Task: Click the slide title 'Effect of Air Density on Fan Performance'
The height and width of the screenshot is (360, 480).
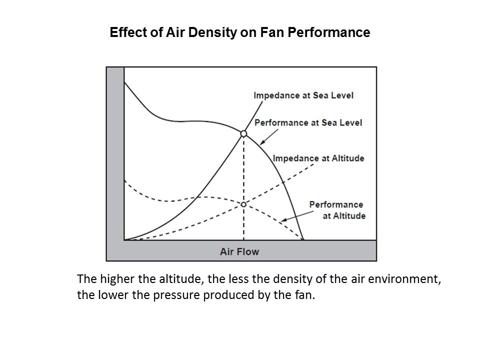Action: coord(239,33)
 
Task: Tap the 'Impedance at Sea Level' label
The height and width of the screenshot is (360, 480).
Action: coord(303,95)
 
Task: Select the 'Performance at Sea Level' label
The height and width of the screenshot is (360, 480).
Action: coord(308,122)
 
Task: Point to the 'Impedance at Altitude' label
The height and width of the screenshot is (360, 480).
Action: coord(318,158)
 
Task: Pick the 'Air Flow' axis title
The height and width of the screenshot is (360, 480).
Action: coord(239,251)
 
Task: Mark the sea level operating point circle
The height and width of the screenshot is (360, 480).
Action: coord(243,133)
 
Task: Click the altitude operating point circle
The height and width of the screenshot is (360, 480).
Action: coord(243,204)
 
